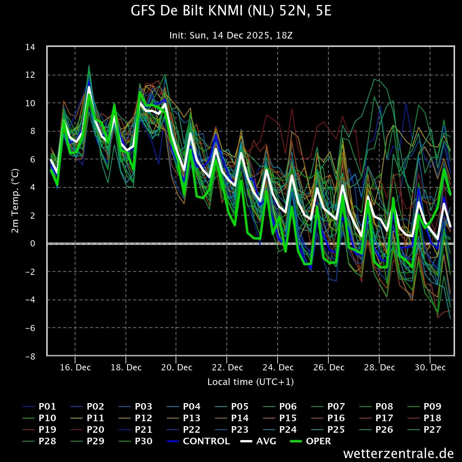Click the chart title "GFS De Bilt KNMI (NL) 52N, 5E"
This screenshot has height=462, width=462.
click(231, 11)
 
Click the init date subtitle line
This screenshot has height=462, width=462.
click(231, 35)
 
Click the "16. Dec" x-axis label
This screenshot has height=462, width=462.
click(75, 368)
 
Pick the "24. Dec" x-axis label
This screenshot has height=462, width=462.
click(278, 368)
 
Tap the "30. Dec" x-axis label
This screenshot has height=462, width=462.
click(430, 368)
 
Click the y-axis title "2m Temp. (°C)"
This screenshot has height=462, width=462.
click(15, 201)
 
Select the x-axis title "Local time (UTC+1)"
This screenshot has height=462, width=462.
click(251, 382)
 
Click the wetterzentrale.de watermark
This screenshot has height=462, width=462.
click(398, 454)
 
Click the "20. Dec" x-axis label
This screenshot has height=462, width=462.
click(177, 368)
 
